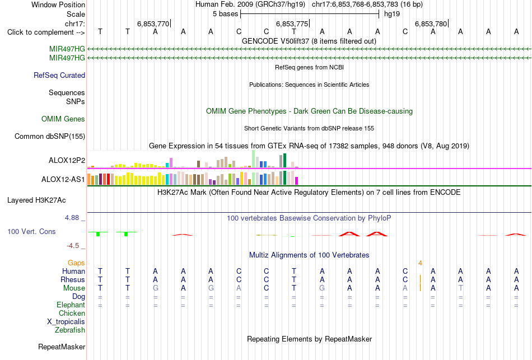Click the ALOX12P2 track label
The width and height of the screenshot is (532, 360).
coord(67,161)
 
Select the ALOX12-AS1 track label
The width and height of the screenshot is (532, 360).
coord(63,180)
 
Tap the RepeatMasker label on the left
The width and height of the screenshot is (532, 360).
coord(62,347)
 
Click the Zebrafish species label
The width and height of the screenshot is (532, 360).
coord(70,330)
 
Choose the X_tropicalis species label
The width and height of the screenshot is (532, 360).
coord(66,322)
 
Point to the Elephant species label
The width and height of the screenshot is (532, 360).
coord(71,305)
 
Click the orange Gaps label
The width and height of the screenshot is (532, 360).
coord(76,263)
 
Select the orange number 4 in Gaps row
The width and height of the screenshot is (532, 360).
coord(420,263)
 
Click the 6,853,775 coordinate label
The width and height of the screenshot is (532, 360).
coord(292,24)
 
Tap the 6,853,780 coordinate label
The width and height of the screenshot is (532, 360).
coord(431,24)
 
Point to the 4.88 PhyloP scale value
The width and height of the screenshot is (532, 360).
coord(72,218)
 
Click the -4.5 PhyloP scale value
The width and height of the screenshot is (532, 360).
coord(73,246)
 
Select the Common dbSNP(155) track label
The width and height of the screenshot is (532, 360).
coord(50,137)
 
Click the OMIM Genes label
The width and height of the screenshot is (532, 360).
coord(63,119)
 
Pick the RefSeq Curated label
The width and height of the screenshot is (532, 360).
coord(59,76)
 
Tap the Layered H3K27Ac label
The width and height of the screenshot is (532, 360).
coord(36,200)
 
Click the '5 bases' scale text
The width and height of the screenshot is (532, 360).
coord(225,14)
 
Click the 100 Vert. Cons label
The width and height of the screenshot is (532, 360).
coord(31,231)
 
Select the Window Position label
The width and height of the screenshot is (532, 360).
coord(58,4)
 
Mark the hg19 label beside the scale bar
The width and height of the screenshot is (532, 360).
coord(392,14)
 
